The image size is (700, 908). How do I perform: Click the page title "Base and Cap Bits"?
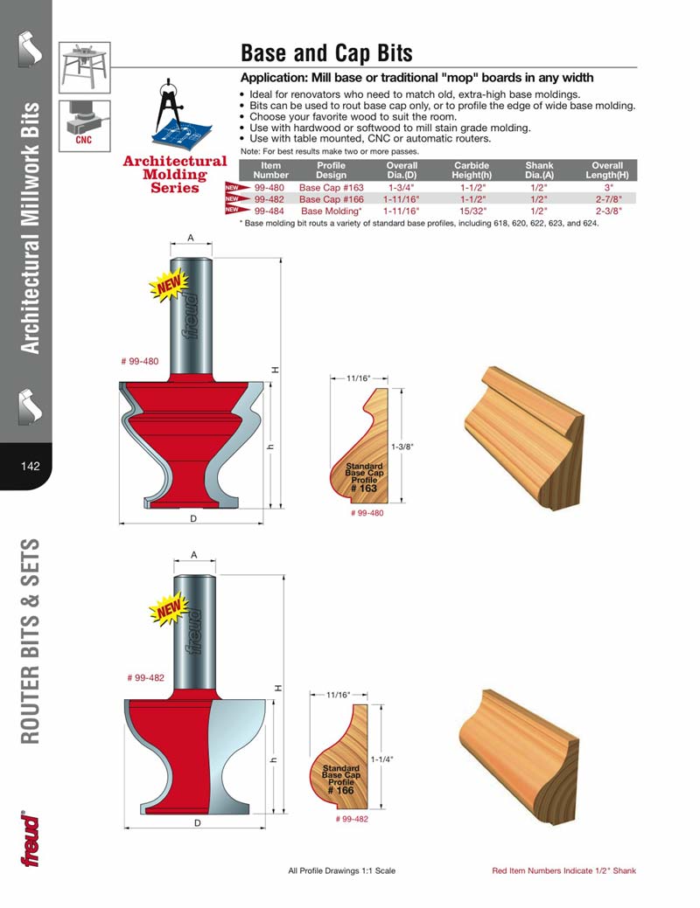tap(326, 53)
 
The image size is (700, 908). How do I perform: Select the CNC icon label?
tap(84, 138)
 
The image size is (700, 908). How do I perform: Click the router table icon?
tap(84, 68)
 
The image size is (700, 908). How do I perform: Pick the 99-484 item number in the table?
tap(269, 211)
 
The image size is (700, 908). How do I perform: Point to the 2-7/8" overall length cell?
tap(607, 199)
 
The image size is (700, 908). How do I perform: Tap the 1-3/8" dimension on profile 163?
tap(402, 447)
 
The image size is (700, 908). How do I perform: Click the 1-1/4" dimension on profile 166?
tap(381, 759)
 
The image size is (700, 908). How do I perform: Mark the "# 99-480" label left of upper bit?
tap(139, 361)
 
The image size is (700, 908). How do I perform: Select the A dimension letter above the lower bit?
tap(193, 555)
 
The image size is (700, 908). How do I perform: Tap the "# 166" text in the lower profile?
tap(339, 790)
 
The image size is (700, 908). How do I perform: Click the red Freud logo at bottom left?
tap(31, 841)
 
